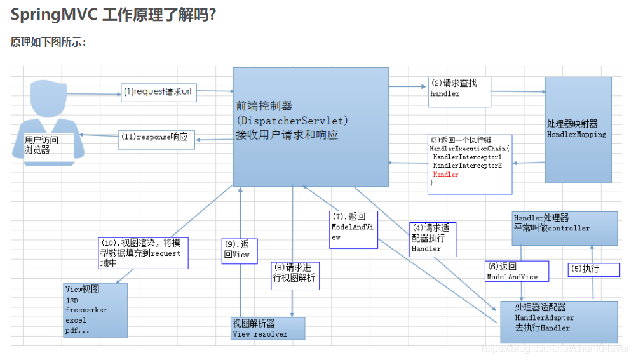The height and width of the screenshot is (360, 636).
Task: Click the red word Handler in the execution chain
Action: coord(445,175)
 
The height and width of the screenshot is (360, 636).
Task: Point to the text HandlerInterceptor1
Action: coord(467,157)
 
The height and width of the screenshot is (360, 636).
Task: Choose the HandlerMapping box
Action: coord(578,130)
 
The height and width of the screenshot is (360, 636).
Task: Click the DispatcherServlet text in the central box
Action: coord(292,121)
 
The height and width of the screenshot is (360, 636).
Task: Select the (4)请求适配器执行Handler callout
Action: coord(433,238)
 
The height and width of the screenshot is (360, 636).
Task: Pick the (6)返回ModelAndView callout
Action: coord(512,271)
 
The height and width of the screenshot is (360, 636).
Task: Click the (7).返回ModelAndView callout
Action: coord(353,227)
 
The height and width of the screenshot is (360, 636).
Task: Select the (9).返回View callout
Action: coord(237,249)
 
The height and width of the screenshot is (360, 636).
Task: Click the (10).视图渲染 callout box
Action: coord(143,253)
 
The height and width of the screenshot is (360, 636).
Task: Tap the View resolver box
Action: coord(267,328)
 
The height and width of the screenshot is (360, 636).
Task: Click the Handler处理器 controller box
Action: coord(564,227)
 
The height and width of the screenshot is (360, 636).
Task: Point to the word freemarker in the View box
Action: coord(86,310)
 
